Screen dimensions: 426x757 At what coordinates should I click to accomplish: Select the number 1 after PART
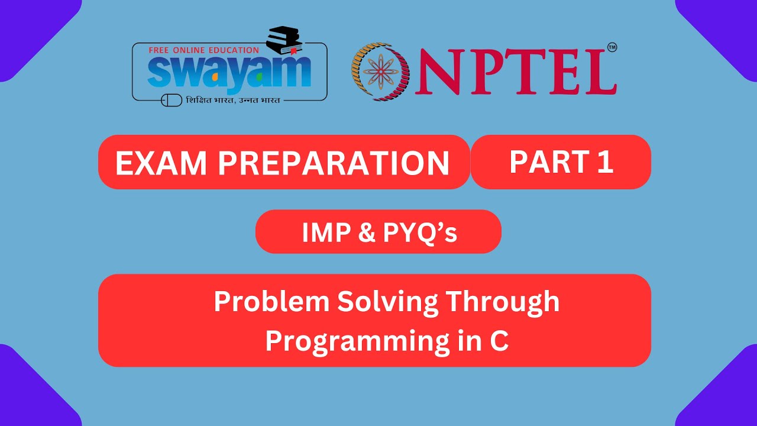point(604,162)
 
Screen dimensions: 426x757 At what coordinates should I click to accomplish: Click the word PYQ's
point(420,233)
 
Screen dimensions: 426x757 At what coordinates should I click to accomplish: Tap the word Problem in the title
point(271,302)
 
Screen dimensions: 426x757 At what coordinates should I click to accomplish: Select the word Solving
point(387,302)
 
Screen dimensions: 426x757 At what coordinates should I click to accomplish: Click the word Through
point(502,302)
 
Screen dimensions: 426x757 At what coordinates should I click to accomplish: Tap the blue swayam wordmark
point(229,72)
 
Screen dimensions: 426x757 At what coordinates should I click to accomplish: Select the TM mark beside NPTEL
point(612,47)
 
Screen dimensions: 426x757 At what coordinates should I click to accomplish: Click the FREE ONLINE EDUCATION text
point(203,50)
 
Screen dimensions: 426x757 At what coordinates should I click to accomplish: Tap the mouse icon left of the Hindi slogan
point(172,100)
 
